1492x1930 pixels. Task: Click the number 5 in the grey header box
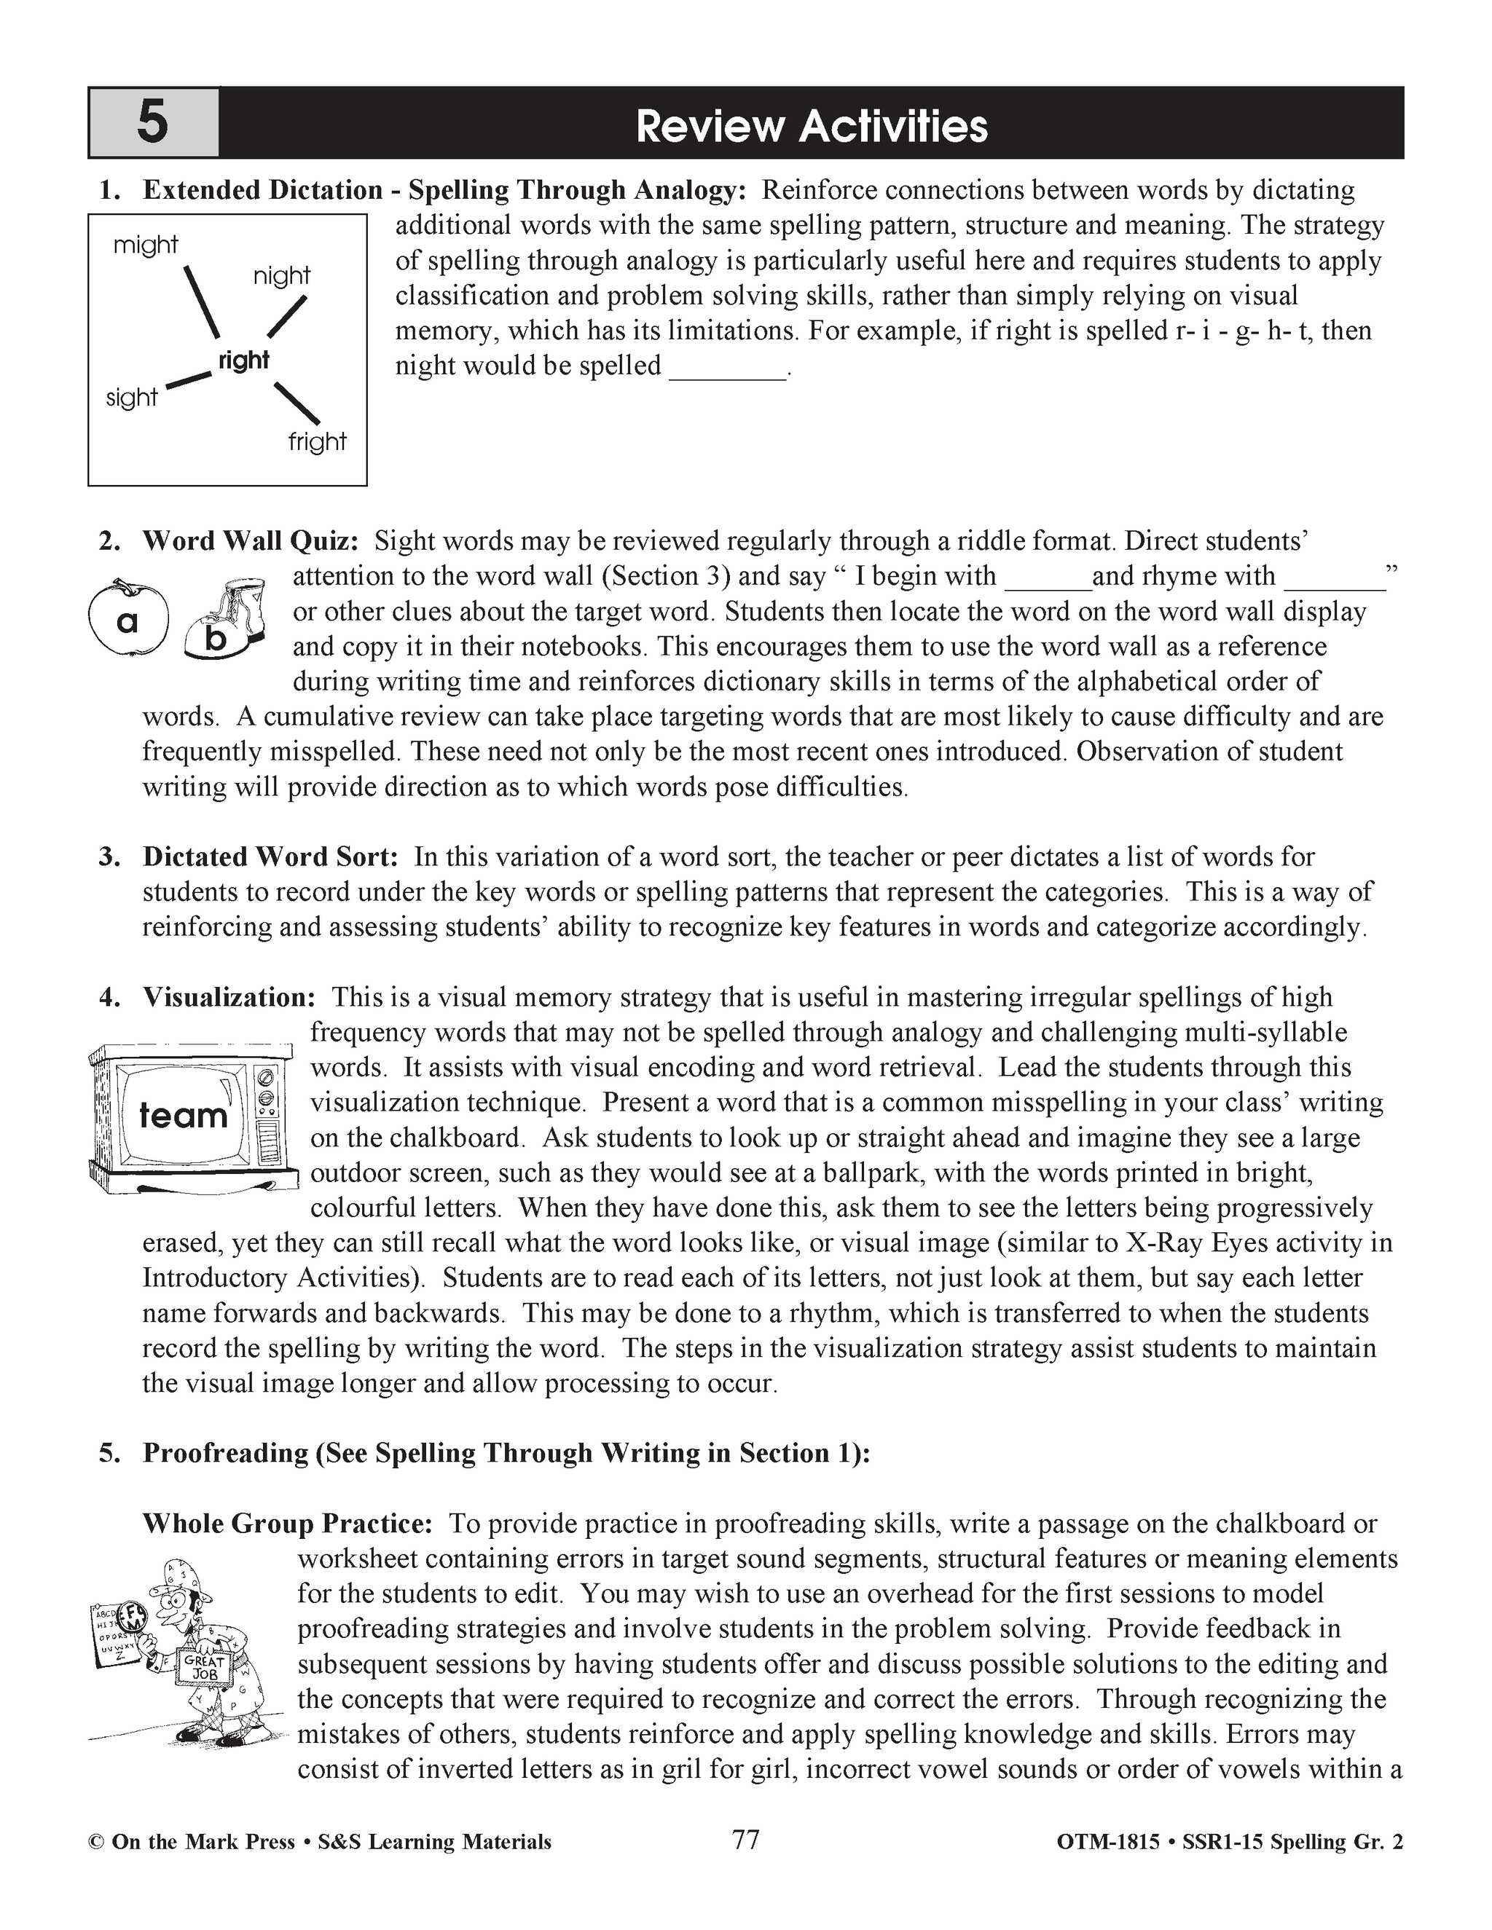pyautogui.click(x=152, y=123)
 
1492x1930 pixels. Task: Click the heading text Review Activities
pyautogui.click(x=811, y=127)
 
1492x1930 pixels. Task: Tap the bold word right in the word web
pyautogui.click(x=243, y=361)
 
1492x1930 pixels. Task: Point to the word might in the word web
pyautogui.click(x=146, y=245)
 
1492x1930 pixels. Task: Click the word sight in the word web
pyautogui.click(x=131, y=398)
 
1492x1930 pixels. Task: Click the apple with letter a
pyautogui.click(x=127, y=618)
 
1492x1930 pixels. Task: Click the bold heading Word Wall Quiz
pyautogui.click(x=250, y=541)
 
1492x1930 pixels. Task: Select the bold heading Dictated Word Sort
pyautogui.click(x=270, y=856)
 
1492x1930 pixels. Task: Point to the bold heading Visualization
pyautogui.click(x=229, y=997)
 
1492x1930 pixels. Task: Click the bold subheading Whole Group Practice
pyautogui.click(x=287, y=1524)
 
